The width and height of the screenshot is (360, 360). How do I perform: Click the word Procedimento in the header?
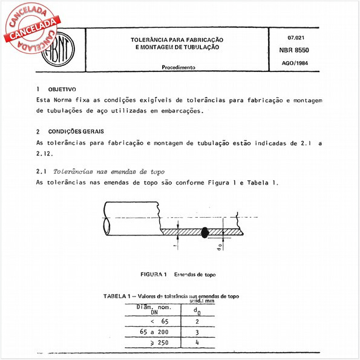pos(178,68)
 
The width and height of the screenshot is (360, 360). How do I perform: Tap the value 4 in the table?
pos(196,344)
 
